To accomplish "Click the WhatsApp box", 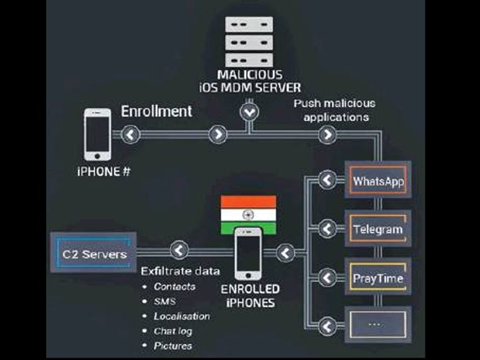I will [x=378, y=180].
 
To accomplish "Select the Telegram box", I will [x=378, y=229].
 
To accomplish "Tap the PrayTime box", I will [x=378, y=278].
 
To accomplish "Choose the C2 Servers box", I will [x=94, y=254].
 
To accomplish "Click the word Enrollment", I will [x=157, y=111].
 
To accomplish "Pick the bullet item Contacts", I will [x=174, y=287].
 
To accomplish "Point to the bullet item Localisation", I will [x=182, y=316].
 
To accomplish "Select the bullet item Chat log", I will [x=173, y=331].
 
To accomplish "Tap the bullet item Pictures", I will [x=173, y=346].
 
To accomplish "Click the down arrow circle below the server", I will [x=248, y=111].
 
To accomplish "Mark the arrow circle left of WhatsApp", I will [x=326, y=179].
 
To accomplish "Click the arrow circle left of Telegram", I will [x=326, y=229].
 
